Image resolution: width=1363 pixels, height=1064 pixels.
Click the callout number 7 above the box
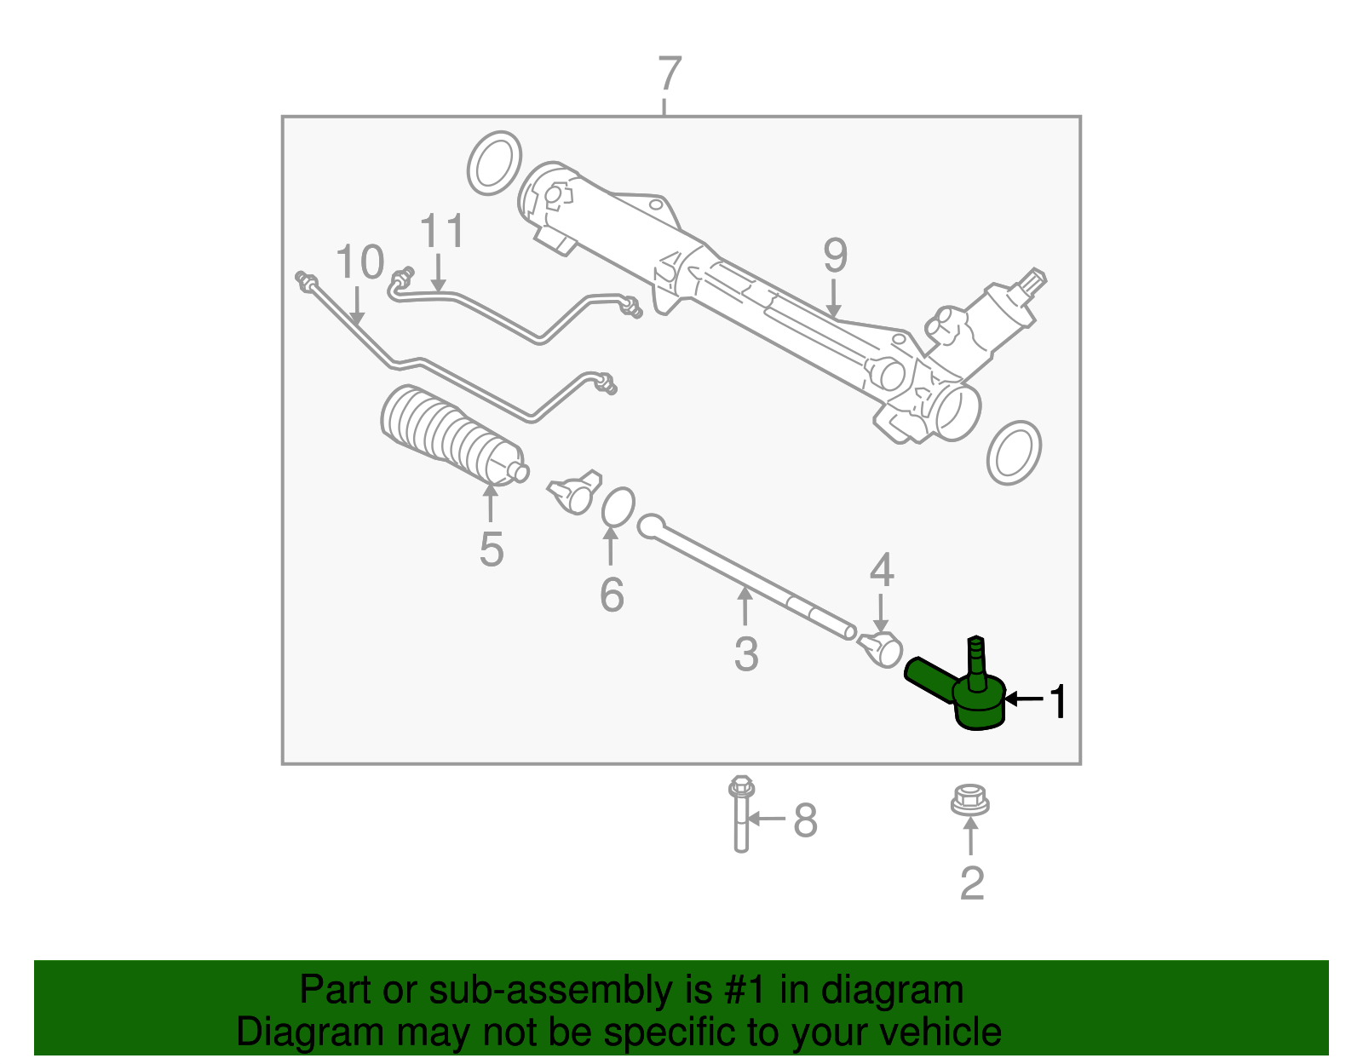tap(670, 75)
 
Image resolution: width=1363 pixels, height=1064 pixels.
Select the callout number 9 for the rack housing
tap(835, 255)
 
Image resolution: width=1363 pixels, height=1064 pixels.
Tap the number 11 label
tap(442, 232)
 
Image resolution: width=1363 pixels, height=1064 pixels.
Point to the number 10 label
tap(359, 262)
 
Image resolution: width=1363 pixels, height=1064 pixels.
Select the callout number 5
tap(491, 549)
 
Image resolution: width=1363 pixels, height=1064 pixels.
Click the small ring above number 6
tap(618, 508)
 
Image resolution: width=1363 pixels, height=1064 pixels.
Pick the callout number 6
tap(612, 594)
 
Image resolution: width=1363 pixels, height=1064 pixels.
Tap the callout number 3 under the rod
tap(745, 654)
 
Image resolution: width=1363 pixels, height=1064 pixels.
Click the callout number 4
tap(882, 570)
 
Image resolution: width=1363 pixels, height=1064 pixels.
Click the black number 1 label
tap(1057, 702)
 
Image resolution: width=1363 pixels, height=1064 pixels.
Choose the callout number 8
tap(805, 821)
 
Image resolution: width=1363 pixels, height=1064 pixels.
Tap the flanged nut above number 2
tap(970, 801)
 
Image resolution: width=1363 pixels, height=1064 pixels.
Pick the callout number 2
tap(971, 883)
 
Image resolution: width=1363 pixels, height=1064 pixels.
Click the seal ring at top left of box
tap(494, 163)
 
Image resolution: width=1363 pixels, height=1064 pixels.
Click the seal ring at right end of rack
tap(1014, 452)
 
